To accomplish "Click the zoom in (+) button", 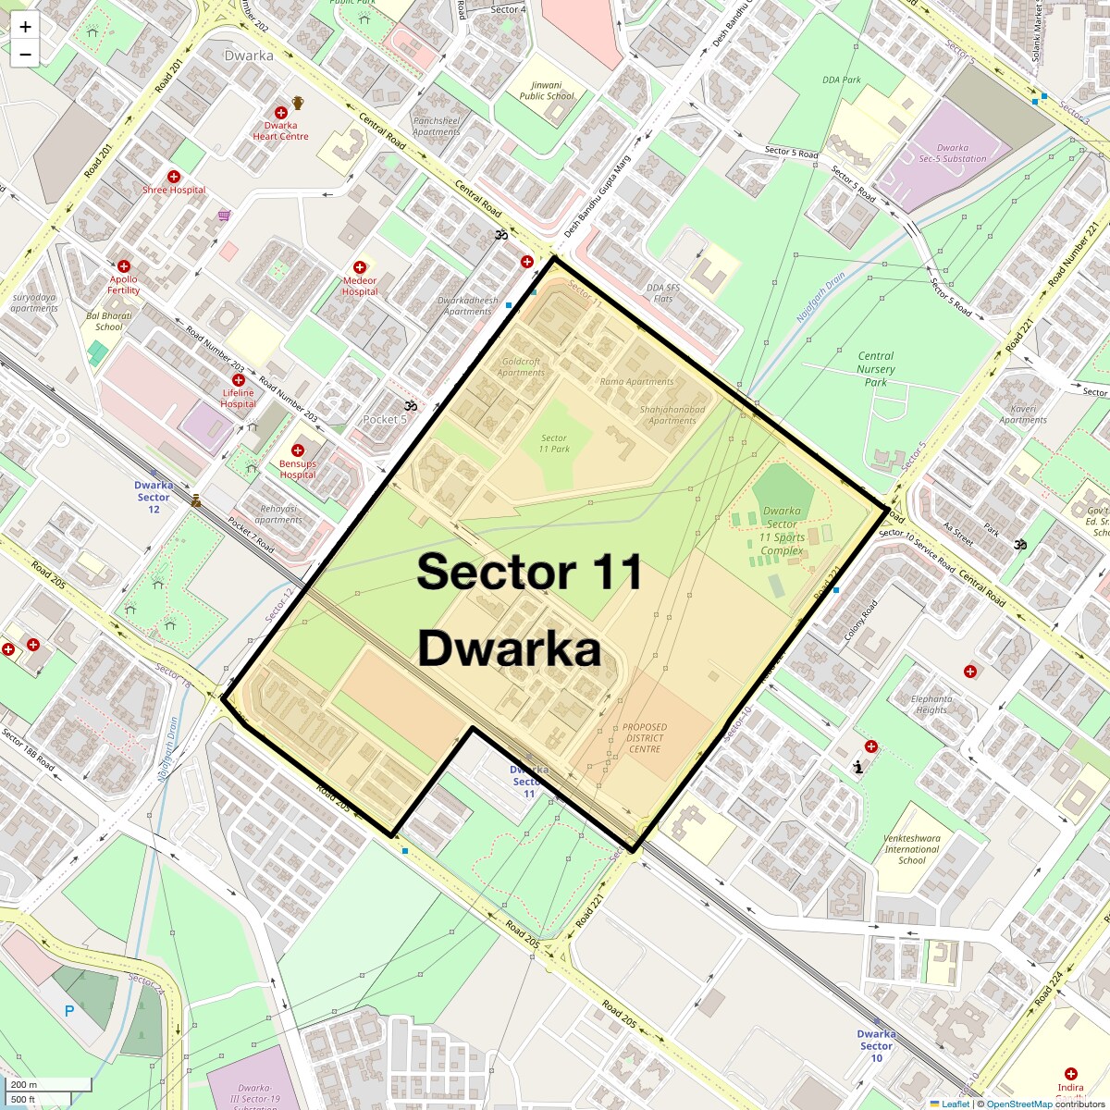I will tap(25, 28).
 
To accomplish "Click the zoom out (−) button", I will tap(25, 55).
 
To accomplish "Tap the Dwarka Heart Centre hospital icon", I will tap(280, 112).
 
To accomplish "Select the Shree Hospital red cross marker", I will tap(173, 177).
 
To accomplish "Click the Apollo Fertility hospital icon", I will tap(124, 266).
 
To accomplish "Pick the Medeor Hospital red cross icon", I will tap(360, 267).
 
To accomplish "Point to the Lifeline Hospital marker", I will tap(239, 380).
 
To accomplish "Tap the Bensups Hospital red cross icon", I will tap(298, 450).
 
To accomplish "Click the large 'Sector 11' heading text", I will tap(529, 572).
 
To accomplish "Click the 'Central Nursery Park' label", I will tap(875, 369).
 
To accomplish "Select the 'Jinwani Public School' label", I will tap(546, 91).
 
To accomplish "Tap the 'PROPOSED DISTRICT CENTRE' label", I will tap(645, 738).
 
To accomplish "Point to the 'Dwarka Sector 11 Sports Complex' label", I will tap(783, 531).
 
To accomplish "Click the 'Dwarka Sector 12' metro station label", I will tap(154, 497).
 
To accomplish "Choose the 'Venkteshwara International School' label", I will tap(912, 849).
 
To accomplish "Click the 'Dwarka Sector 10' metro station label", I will tap(876, 1045).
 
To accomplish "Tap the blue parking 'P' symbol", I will tap(69, 1012).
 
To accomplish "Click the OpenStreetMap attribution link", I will tap(1018, 1104).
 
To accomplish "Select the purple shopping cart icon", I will tap(224, 216).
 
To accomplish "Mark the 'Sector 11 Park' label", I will tap(554, 444).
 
